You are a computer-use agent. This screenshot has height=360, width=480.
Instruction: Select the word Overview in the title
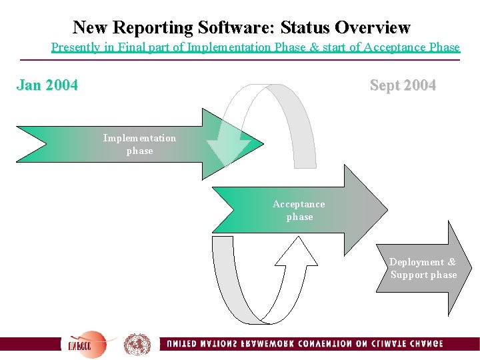(373, 27)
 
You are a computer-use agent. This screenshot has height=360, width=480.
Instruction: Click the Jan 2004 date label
(47, 85)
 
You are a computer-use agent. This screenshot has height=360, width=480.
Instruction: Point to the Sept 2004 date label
(403, 85)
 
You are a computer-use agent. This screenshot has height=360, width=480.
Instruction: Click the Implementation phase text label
(139, 144)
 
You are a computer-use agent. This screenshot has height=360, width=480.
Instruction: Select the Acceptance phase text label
(299, 210)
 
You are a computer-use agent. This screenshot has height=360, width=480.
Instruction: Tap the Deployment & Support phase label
(423, 268)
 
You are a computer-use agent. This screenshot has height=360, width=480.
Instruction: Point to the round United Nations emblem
(137, 344)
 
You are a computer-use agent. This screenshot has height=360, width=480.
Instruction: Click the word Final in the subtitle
(154, 47)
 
